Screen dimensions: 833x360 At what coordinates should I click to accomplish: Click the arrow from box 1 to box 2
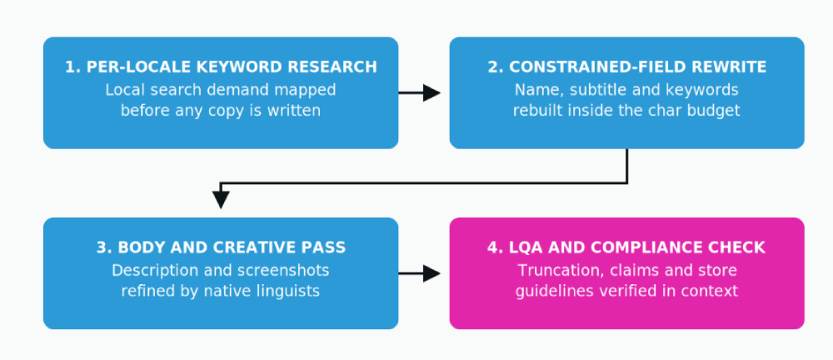(x=420, y=93)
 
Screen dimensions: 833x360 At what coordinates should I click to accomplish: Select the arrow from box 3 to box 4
(x=420, y=274)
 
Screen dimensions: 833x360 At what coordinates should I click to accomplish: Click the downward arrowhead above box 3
(x=221, y=199)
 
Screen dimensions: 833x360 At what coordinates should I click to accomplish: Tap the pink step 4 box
(x=627, y=273)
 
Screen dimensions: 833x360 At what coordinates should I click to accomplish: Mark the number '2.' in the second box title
(x=496, y=67)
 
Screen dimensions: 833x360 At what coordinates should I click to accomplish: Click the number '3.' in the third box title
(x=104, y=247)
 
